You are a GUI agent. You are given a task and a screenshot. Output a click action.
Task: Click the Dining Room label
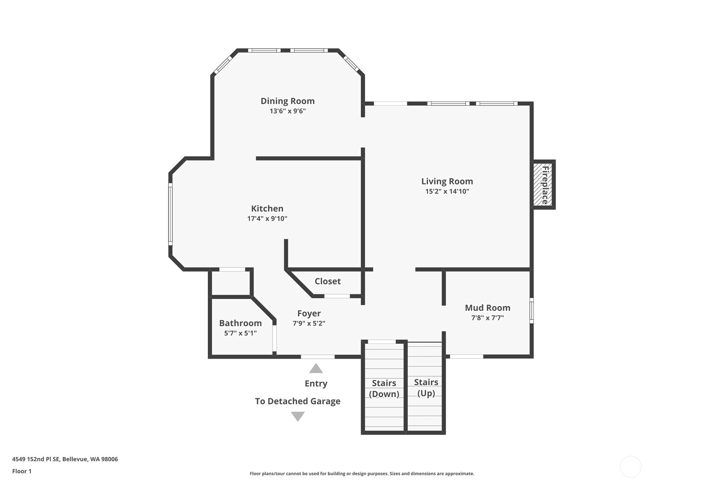[x=288, y=101]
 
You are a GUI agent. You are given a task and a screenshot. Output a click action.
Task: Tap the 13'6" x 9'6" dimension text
[x=288, y=111]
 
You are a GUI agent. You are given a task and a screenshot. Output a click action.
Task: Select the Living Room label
[x=447, y=181]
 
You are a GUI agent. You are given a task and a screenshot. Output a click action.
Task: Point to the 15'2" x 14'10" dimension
[x=447, y=191]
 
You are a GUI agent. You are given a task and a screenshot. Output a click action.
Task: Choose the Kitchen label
[x=268, y=208]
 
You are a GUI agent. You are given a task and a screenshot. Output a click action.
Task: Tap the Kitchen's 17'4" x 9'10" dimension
[x=268, y=219]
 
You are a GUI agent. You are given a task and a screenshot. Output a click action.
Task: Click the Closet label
[x=328, y=281]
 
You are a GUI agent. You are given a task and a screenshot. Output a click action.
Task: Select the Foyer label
[x=309, y=313]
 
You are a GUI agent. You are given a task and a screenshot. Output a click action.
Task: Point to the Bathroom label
[x=241, y=323]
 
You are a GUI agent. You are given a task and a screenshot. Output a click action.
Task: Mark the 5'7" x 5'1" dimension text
[x=241, y=333]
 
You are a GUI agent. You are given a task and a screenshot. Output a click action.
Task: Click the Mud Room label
[x=488, y=307]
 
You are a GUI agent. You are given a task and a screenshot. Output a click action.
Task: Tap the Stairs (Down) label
[x=384, y=389]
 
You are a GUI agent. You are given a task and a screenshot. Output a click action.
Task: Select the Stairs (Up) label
[x=426, y=388]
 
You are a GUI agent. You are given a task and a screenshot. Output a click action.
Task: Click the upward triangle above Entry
[x=316, y=369]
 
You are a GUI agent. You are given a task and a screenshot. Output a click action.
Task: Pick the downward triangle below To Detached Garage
[x=298, y=416]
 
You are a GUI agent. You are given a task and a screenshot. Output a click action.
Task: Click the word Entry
[x=316, y=383]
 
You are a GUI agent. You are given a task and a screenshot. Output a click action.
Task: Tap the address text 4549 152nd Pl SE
[x=36, y=459]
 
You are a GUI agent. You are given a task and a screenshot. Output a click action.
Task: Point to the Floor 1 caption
[x=22, y=471]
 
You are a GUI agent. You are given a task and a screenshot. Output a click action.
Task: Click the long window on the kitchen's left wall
[x=170, y=214]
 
